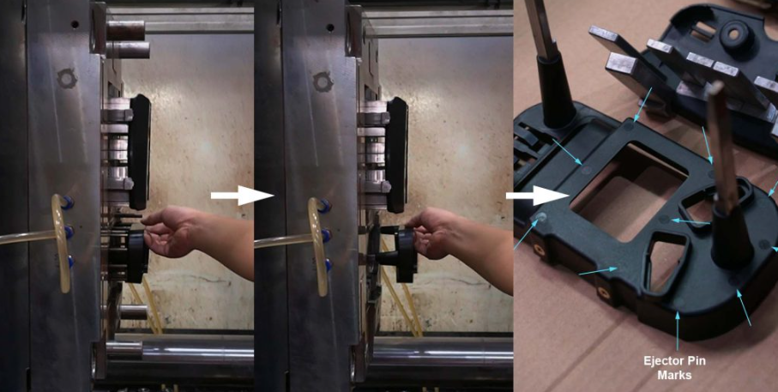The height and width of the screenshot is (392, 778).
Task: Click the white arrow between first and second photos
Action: point(242,196)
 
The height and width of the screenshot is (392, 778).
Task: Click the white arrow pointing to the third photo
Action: point(537,196)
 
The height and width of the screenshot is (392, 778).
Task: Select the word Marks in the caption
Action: point(674,375)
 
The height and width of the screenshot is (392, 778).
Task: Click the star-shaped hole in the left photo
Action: point(67,78)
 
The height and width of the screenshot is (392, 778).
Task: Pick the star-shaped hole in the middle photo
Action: point(323,81)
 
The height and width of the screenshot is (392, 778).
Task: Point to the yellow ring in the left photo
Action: point(61,243)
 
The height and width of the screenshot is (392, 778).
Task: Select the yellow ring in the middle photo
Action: point(317,247)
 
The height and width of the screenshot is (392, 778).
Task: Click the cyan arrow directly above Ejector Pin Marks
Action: point(678,330)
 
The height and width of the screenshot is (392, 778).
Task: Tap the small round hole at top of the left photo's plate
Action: point(74,24)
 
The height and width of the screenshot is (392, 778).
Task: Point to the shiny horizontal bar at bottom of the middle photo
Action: point(443,353)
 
